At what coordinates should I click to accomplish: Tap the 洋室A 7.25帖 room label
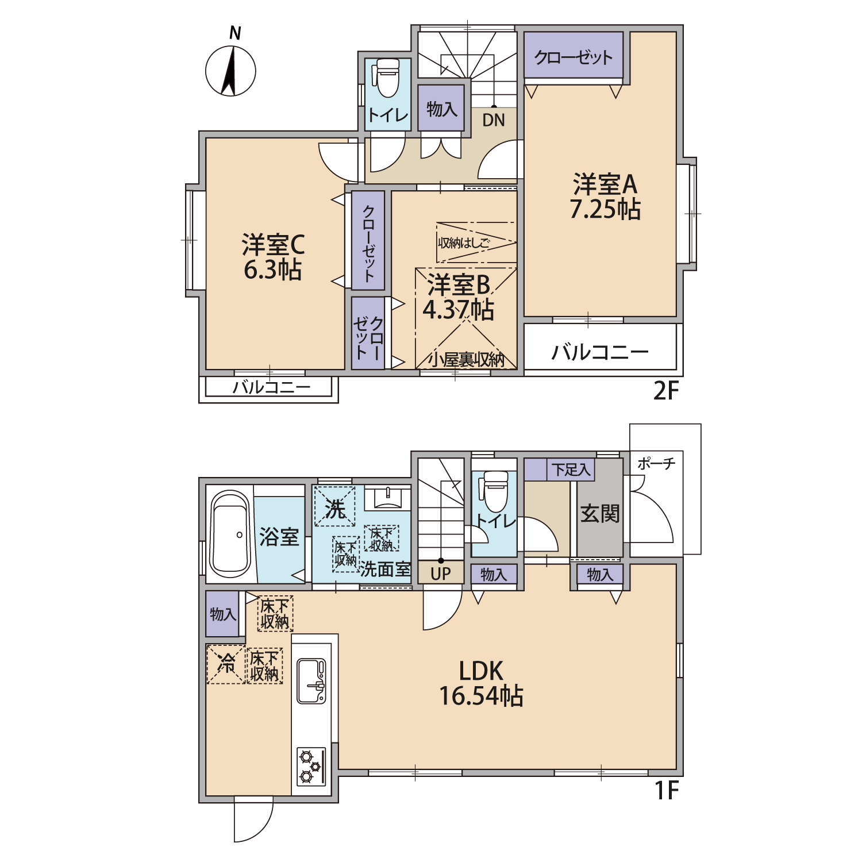point(605,197)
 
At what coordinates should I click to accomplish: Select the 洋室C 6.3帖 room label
point(273,257)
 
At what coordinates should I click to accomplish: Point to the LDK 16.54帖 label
point(481,683)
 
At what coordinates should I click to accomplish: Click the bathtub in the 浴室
point(230,534)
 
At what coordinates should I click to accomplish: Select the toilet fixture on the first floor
point(494,492)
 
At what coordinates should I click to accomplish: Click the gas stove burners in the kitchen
point(311,766)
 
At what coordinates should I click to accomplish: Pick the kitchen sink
point(311,682)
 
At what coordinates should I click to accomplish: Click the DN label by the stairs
point(494,121)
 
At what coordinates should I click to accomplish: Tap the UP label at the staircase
point(441,574)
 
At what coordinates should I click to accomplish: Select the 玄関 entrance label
point(600,513)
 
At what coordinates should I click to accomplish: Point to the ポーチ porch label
point(656,463)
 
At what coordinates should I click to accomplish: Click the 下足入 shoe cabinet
point(559,470)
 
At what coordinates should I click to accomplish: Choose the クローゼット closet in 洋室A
point(574,55)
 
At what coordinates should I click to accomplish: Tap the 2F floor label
point(667,391)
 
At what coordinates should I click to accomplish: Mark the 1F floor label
point(667,791)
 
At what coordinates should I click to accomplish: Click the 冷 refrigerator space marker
point(226,664)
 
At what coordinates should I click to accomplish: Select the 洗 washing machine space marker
point(334,507)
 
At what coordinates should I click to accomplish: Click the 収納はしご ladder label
point(464,243)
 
